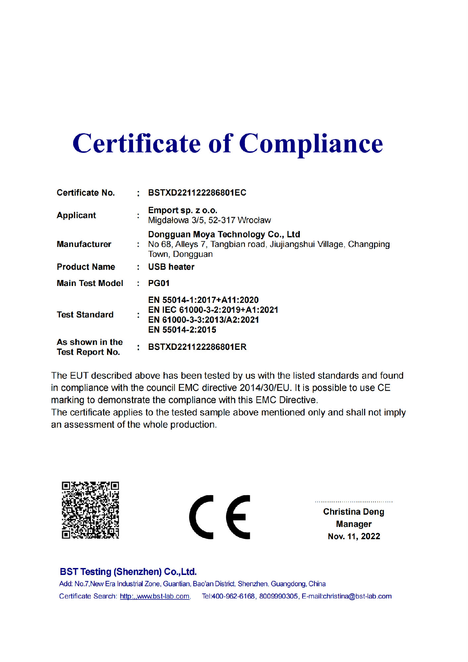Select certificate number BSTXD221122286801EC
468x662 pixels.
[197, 193]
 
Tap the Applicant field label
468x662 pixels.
[76, 215]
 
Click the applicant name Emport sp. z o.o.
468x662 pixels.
[182, 210]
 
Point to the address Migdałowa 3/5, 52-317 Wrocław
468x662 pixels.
[209, 220]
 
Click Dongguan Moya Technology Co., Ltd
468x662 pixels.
[224, 234]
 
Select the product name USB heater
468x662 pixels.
[171, 267]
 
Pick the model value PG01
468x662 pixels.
[159, 283]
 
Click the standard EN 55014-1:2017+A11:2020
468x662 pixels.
[203, 300]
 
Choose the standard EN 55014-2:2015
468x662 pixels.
[182, 330]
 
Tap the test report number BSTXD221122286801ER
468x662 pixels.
[197, 347]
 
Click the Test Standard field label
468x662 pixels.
[85, 314]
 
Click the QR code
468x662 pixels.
[90, 510]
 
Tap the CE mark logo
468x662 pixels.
[219, 517]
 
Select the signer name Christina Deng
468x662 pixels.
[353, 512]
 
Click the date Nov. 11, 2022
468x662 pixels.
[354, 536]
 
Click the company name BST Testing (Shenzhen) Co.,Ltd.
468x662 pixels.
[128, 572]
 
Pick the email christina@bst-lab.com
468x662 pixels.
[357, 596]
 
